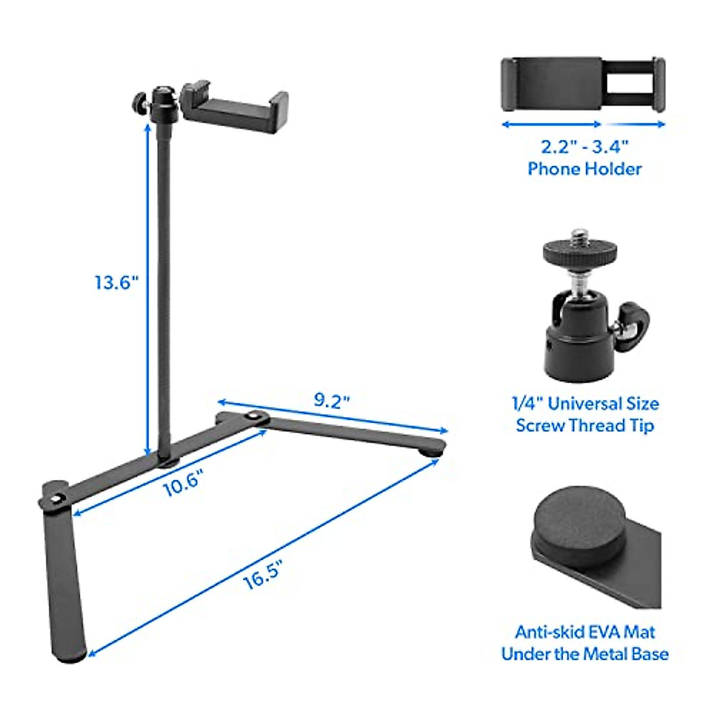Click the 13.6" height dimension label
point(117,281)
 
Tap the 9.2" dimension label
point(331,400)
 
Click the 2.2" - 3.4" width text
point(585,146)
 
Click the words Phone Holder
point(585,169)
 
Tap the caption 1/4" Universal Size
point(585,404)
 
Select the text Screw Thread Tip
point(585,426)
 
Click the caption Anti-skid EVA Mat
point(585,631)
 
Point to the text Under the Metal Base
point(585,654)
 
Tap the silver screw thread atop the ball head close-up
point(578,237)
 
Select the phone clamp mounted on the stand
point(235,105)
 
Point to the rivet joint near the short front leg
point(57,499)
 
